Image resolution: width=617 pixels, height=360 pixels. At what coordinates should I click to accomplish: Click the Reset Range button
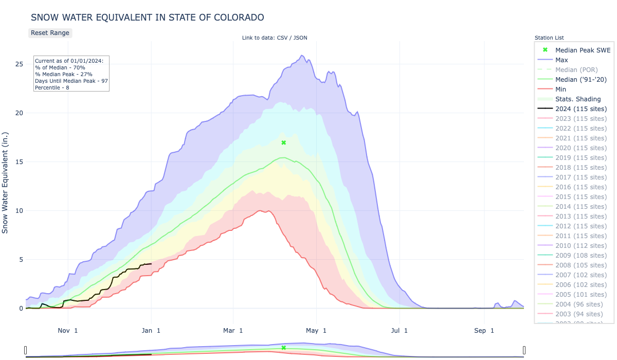point(50,33)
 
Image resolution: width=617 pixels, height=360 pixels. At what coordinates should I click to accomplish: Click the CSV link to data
point(282,38)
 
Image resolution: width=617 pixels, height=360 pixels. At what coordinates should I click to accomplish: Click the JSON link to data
point(300,38)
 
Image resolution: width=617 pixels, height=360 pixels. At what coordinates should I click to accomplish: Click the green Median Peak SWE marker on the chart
point(283,142)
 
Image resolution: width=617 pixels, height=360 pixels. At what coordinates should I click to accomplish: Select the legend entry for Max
point(561,60)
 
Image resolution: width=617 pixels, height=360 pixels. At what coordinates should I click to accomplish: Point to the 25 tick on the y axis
point(19,64)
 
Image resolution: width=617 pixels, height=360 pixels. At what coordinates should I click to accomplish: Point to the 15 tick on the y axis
point(19,162)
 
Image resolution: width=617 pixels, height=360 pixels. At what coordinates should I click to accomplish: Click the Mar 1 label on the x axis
point(234,331)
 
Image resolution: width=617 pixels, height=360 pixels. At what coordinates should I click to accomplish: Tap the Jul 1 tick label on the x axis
point(400,331)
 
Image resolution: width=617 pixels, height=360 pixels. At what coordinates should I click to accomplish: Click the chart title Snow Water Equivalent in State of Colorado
point(148,17)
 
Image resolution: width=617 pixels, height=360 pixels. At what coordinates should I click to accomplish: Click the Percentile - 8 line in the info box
point(52,87)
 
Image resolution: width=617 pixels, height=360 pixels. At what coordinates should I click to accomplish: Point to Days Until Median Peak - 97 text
point(71,81)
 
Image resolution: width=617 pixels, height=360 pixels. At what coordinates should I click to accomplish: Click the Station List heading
point(549,38)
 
